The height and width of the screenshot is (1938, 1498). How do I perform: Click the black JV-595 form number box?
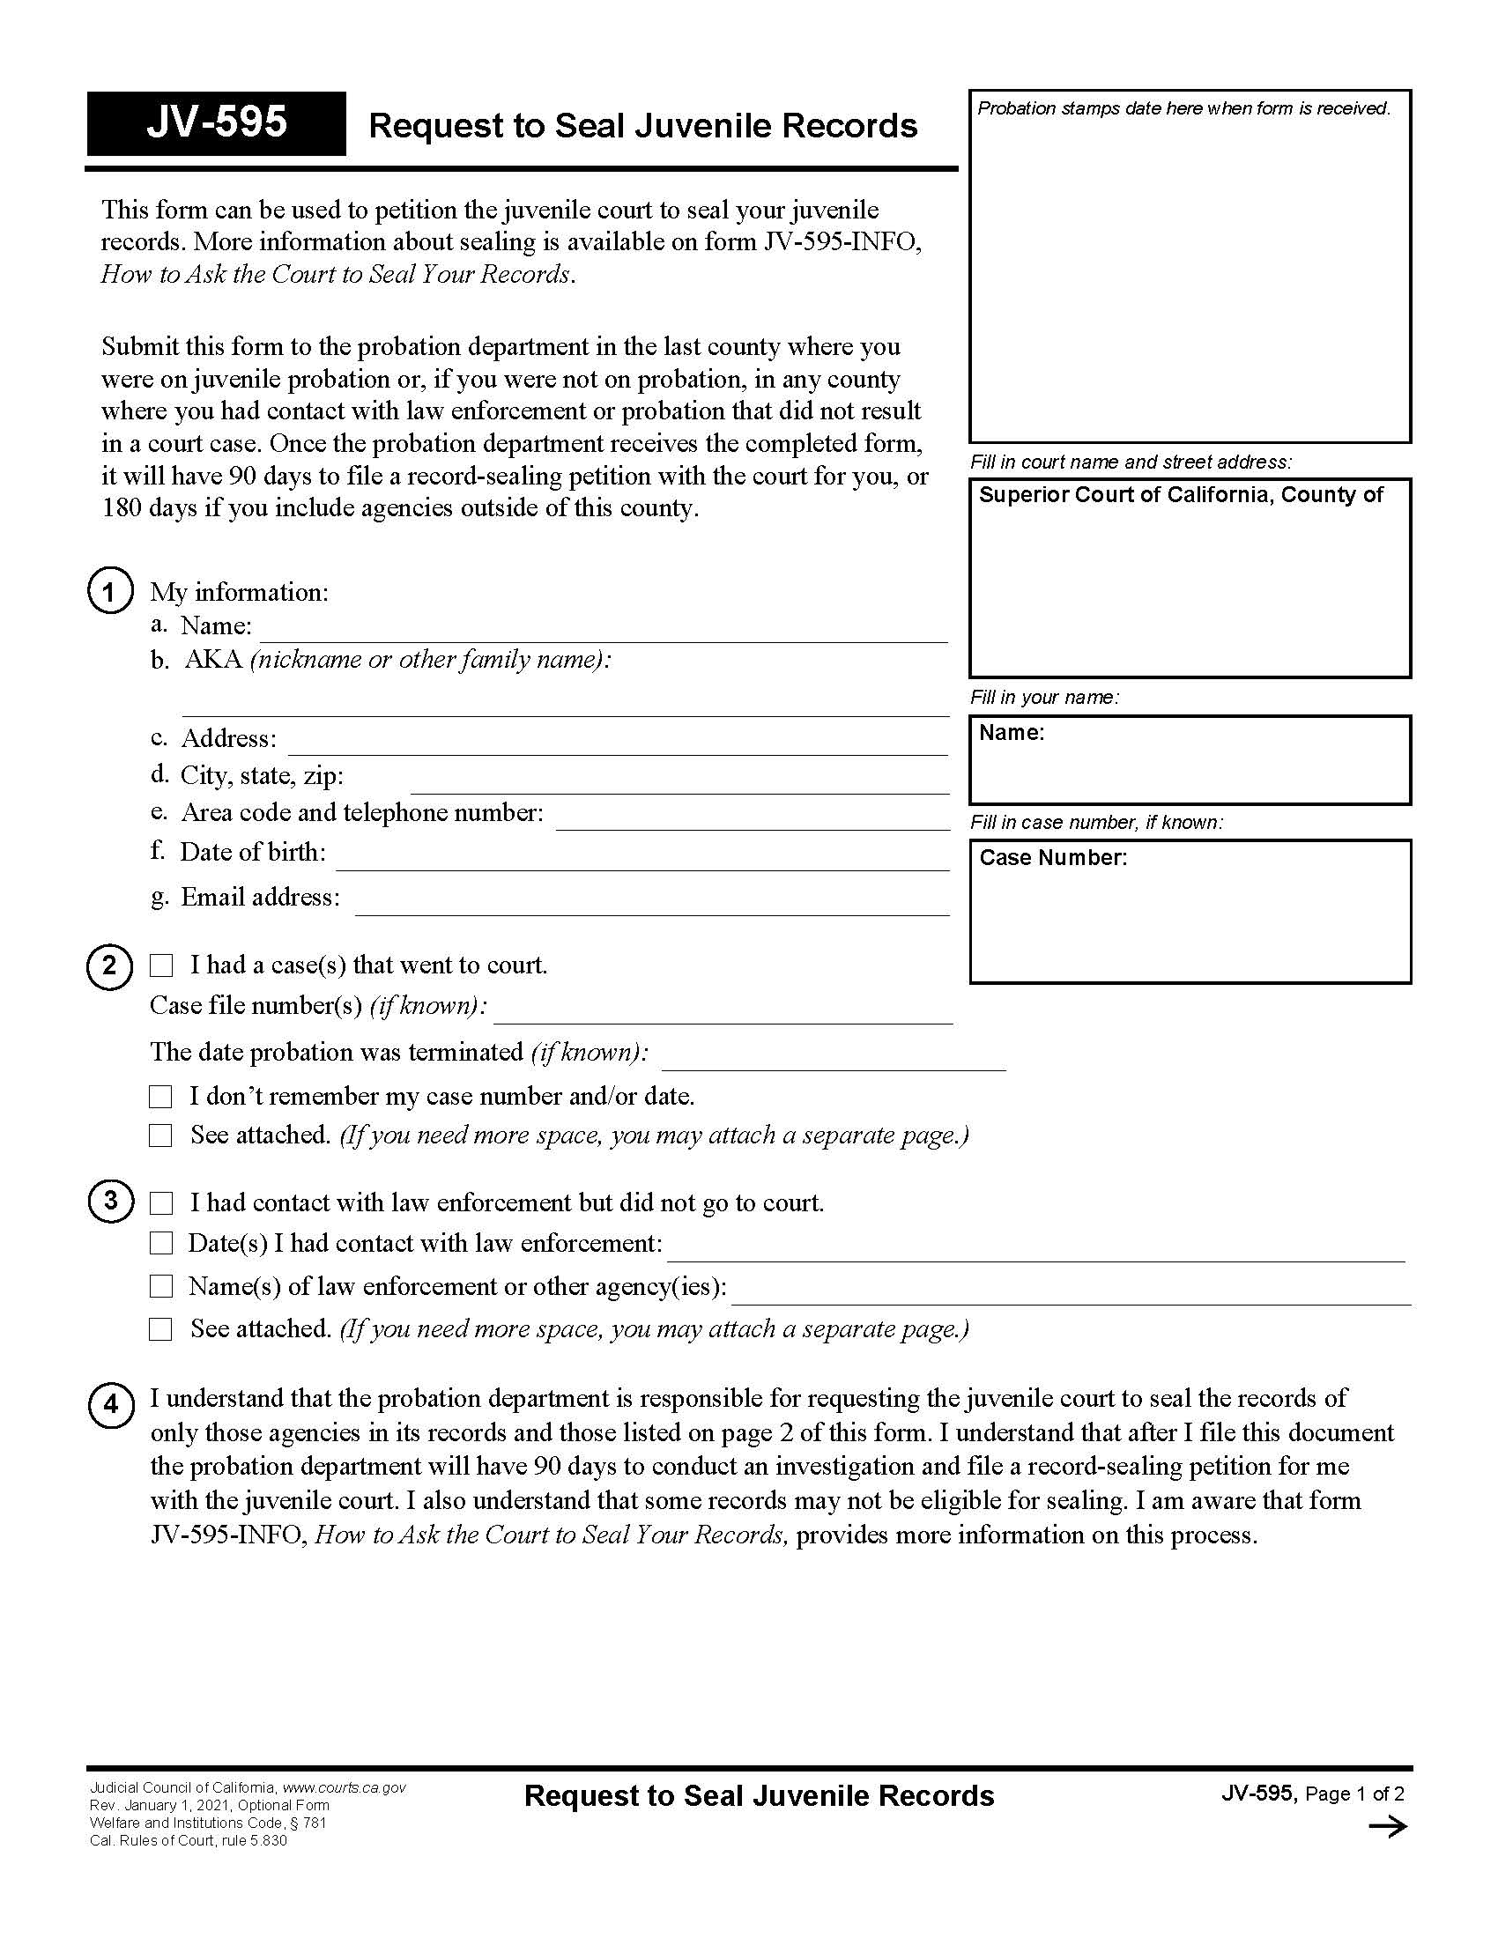pyautogui.click(x=216, y=123)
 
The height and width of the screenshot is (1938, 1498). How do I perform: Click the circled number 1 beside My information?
pyautogui.click(x=110, y=591)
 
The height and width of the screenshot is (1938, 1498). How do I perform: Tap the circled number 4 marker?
pyautogui.click(x=111, y=1406)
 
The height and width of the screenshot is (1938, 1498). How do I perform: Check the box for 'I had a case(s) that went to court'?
pyautogui.click(x=160, y=965)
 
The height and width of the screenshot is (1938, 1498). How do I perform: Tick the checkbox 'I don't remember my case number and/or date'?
pyautogui.click(x=160, y=1097)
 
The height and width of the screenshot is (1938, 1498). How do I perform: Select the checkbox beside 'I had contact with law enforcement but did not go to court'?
pyautogui.click(x=160, y=1203)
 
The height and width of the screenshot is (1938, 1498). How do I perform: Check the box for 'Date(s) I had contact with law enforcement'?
pyautogui.click(x=160, y=1243)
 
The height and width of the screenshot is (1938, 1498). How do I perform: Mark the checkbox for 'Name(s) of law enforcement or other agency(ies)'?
pyautogui.click(x=160, y=1286)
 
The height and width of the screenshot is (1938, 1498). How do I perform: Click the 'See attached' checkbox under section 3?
pyautogui.click(x=160, y=1328)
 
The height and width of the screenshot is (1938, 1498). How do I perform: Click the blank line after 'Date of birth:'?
pyautogui.click(x=641, y=859)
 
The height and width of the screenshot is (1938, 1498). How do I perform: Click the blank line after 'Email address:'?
pyautogui.click(x=651, y=903)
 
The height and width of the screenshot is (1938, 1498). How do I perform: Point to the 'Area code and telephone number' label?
pyautogui.click(x=362, y=812)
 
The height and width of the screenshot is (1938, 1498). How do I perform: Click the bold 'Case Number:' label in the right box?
pyautogui.click(x=1052, y=857)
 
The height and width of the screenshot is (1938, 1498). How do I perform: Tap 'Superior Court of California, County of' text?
pyautogui.click(x=1180, y=495)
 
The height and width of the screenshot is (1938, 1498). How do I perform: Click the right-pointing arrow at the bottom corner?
pyautogui.click(x=1387, y=1826)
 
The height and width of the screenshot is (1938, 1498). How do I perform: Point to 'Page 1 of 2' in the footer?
pyautogui.click(x=1354, y=1794)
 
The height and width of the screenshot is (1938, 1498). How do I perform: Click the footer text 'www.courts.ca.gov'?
pyautogui.click(x=344, y=1787)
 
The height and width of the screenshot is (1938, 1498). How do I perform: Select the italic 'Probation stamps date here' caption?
pyautogui.click(x=1183, y=108)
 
